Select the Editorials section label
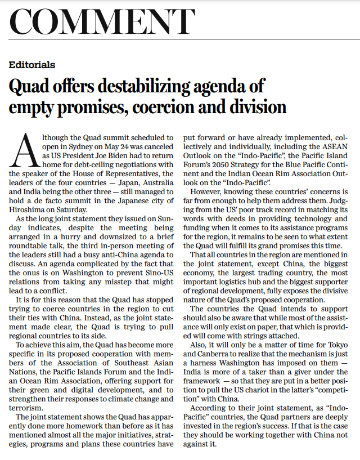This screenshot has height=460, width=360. pos(32,65)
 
